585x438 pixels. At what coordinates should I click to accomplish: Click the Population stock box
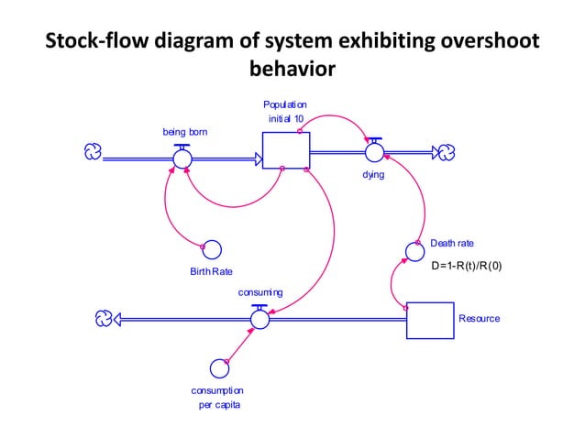[x=285, y=150]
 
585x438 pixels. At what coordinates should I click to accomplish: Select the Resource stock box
[x=430, y=318]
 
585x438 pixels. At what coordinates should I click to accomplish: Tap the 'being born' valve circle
[x=182, y=158]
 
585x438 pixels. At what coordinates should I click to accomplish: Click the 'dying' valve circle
[x=374, y=151]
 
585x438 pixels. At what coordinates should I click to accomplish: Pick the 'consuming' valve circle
[x=259, y=318]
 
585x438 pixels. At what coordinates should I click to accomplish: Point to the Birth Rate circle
[x=210, y=249]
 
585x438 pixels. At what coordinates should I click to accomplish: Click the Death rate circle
[x=414, y=250]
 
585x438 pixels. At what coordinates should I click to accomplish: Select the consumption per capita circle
[x=218, y=368]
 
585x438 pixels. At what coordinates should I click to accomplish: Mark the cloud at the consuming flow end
[x=104, y=318]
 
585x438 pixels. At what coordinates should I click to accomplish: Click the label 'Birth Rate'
[x=211, y=272]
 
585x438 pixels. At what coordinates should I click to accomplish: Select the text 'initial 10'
[x=285, y=120]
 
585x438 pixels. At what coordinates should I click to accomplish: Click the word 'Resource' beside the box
[x=479, y=318]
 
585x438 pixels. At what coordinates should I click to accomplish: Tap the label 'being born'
[x=184, y=132]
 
